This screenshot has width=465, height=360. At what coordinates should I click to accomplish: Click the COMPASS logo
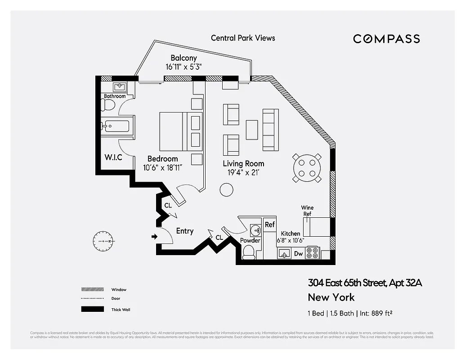click(x=386, y=39)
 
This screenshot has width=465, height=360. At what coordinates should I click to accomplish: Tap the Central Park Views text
click(x=243, y=38)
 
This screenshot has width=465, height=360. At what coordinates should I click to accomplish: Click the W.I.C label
click(x=113, y=157)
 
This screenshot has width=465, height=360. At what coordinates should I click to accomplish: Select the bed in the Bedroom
click(x=173, y=131)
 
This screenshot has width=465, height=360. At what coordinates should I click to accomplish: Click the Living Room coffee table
click(x=252, y=130)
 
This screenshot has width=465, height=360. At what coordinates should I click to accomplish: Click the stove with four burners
click(x=312, y=253)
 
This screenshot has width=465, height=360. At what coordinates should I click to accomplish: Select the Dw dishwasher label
click(x=298, y=254)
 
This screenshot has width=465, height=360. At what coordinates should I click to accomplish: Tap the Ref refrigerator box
click(x=270, y=225)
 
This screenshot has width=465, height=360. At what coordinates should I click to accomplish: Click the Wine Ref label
click(x=308, y=211)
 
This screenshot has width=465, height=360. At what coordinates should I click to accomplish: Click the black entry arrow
click(x=155, y=236)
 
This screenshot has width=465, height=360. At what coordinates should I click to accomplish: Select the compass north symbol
click(x=104, y=241)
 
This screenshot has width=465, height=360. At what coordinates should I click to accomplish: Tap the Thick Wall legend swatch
click(x=92, y=309)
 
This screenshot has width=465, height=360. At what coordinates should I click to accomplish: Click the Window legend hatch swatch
click(x=92, y=289)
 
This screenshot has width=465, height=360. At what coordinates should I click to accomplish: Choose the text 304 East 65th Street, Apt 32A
click(x=365, y=283)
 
